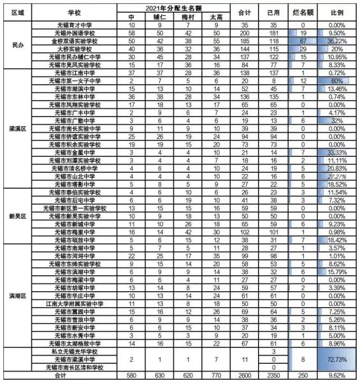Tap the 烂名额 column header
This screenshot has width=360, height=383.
pyautogui.click(x=299, y=11)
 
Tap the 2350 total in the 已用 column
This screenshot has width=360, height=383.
pyautogui.click(x=271, y=376)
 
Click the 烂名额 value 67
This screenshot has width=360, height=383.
pyautogui.click(x=299, y=40)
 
